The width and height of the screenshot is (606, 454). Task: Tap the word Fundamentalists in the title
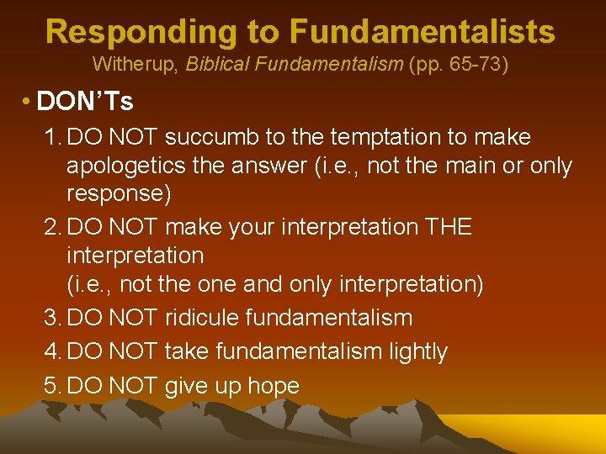422,32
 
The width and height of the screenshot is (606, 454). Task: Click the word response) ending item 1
119,194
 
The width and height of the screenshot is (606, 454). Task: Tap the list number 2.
51,227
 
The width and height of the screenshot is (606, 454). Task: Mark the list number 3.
51,318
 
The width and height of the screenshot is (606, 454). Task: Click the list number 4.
51,351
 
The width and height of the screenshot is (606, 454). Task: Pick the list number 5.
51,386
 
